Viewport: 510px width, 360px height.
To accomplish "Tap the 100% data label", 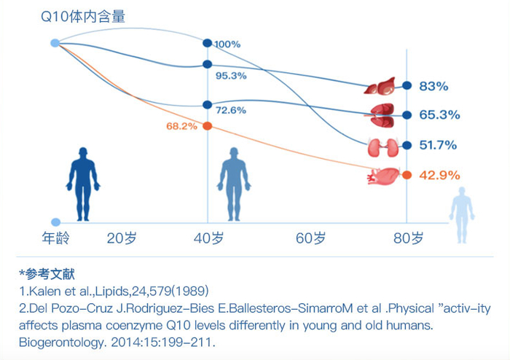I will point(227,44).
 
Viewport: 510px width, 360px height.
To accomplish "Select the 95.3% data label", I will point(231,75).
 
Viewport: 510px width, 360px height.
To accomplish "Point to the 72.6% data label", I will point(231,110).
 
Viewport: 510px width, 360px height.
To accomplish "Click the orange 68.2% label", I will point(181,126).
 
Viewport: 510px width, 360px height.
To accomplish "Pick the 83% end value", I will point(433,86).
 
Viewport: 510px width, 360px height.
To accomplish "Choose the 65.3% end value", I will point(439,115).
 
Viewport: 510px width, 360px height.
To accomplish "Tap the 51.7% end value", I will point(439,145).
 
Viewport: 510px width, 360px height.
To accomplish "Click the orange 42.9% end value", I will point(439,175).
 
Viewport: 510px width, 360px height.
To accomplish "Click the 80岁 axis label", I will point(408,238).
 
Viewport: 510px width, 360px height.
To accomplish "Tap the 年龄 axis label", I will point(54,238).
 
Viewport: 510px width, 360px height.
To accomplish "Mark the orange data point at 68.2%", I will point(208,126).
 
